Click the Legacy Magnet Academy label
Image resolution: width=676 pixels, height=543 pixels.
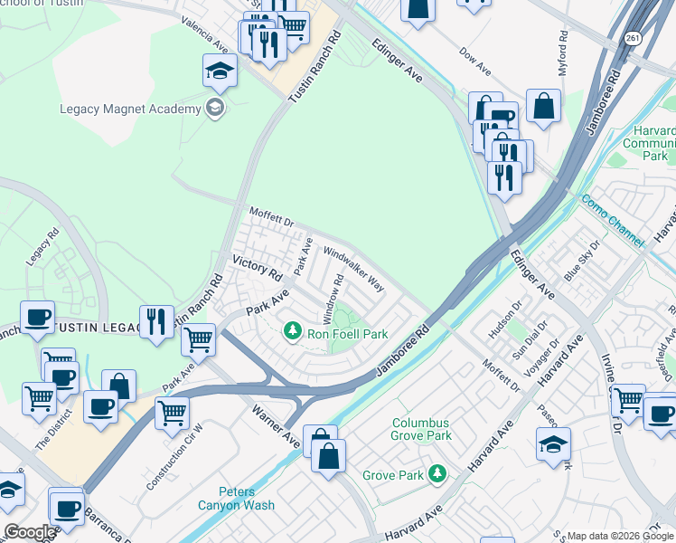pyautogui.click(x=130, y=110)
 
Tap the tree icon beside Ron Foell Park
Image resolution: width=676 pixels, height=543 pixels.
pyautogui.click(x=292, y=333)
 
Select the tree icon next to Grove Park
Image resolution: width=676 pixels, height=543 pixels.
pyautogui.click(x=437, y=473)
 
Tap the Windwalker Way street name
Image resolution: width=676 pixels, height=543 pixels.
pyautogui.click(x=354, y=271)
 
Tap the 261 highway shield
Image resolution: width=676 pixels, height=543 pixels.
pyautogui.click(x=634, y=37)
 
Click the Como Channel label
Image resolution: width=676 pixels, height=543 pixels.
pyautogui.click(x=613, y=220)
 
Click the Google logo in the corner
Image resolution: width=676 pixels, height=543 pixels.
pyautogui.click(x=29, y=532)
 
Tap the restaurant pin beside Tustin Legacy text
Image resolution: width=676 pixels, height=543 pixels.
pyautogui.click(x=156, y=322)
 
